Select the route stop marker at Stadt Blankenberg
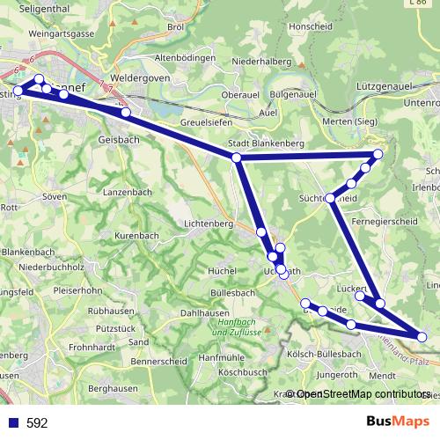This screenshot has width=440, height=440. pyautogui.click(x=236, y=158)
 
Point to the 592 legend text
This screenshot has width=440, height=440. pyautogui.click(x=37, y=423)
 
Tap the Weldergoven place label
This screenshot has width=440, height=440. pyautogui.click(x=137, y=77)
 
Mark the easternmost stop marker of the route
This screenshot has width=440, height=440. pyautogui.click(x=422, y=336)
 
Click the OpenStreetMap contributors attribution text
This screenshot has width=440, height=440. pyautogui.click(x=363, y=395)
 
